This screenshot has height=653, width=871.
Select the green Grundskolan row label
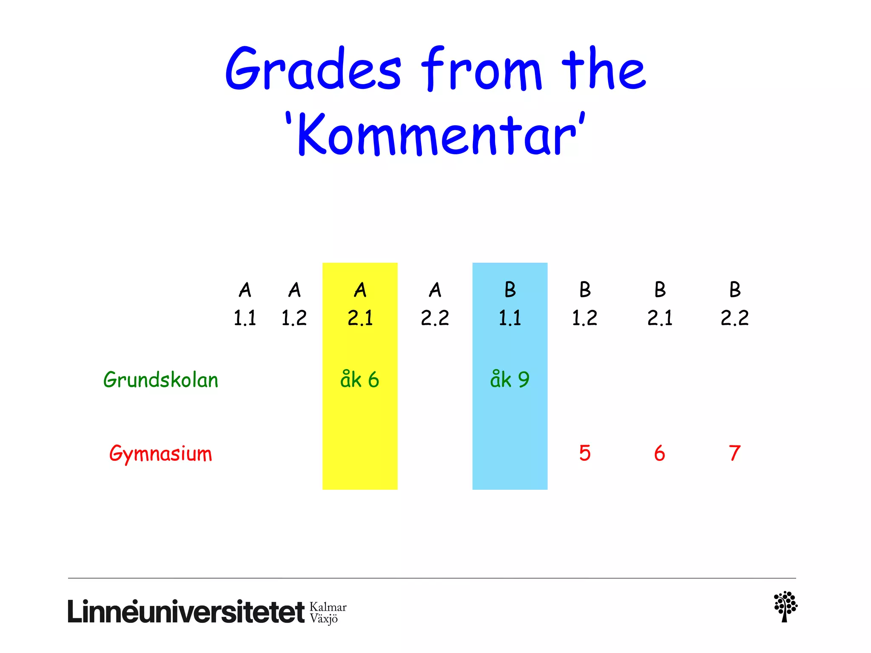(x=161, y=380)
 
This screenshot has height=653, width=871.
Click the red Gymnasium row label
(x=161, y=454)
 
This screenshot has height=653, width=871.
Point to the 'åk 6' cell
(x=360, y=380)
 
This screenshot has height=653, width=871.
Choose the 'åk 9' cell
(x=510, y=380)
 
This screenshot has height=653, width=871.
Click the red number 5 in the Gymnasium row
(x=585, y=453)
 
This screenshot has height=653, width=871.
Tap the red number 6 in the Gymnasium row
(x=660, y=453)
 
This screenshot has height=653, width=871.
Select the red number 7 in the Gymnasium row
(x=734, y=453)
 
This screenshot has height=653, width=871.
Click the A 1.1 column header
(x=245, y=304)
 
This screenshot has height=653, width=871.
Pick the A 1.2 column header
(x=294, y=304)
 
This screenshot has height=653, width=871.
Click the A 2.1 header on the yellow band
(x=360, y=304)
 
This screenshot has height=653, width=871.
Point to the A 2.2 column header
(x=435, y=304)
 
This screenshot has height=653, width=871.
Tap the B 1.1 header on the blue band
(x=510, y=304)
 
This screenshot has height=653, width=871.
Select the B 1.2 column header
(x=585, y=304)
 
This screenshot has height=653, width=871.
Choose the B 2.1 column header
(x=660, y=304)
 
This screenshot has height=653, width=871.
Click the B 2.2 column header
(x=734, y=304)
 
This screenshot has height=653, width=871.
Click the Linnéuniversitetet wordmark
(x=186, y=612)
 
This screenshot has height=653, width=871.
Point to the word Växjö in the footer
(x=324, y=619)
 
